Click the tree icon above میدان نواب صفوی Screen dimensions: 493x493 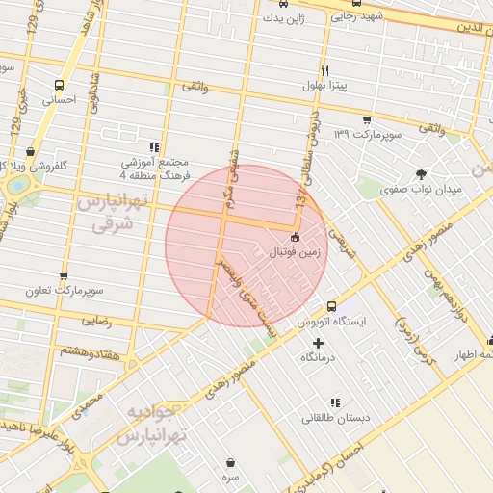421,174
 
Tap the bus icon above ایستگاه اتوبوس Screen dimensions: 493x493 330,304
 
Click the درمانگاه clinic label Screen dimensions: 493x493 319,357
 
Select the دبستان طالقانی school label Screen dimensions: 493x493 328,418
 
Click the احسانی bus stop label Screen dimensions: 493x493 60,99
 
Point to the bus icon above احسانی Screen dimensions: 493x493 61,85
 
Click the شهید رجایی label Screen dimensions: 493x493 358,15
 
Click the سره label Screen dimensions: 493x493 230,477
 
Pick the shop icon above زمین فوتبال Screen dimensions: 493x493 294,238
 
